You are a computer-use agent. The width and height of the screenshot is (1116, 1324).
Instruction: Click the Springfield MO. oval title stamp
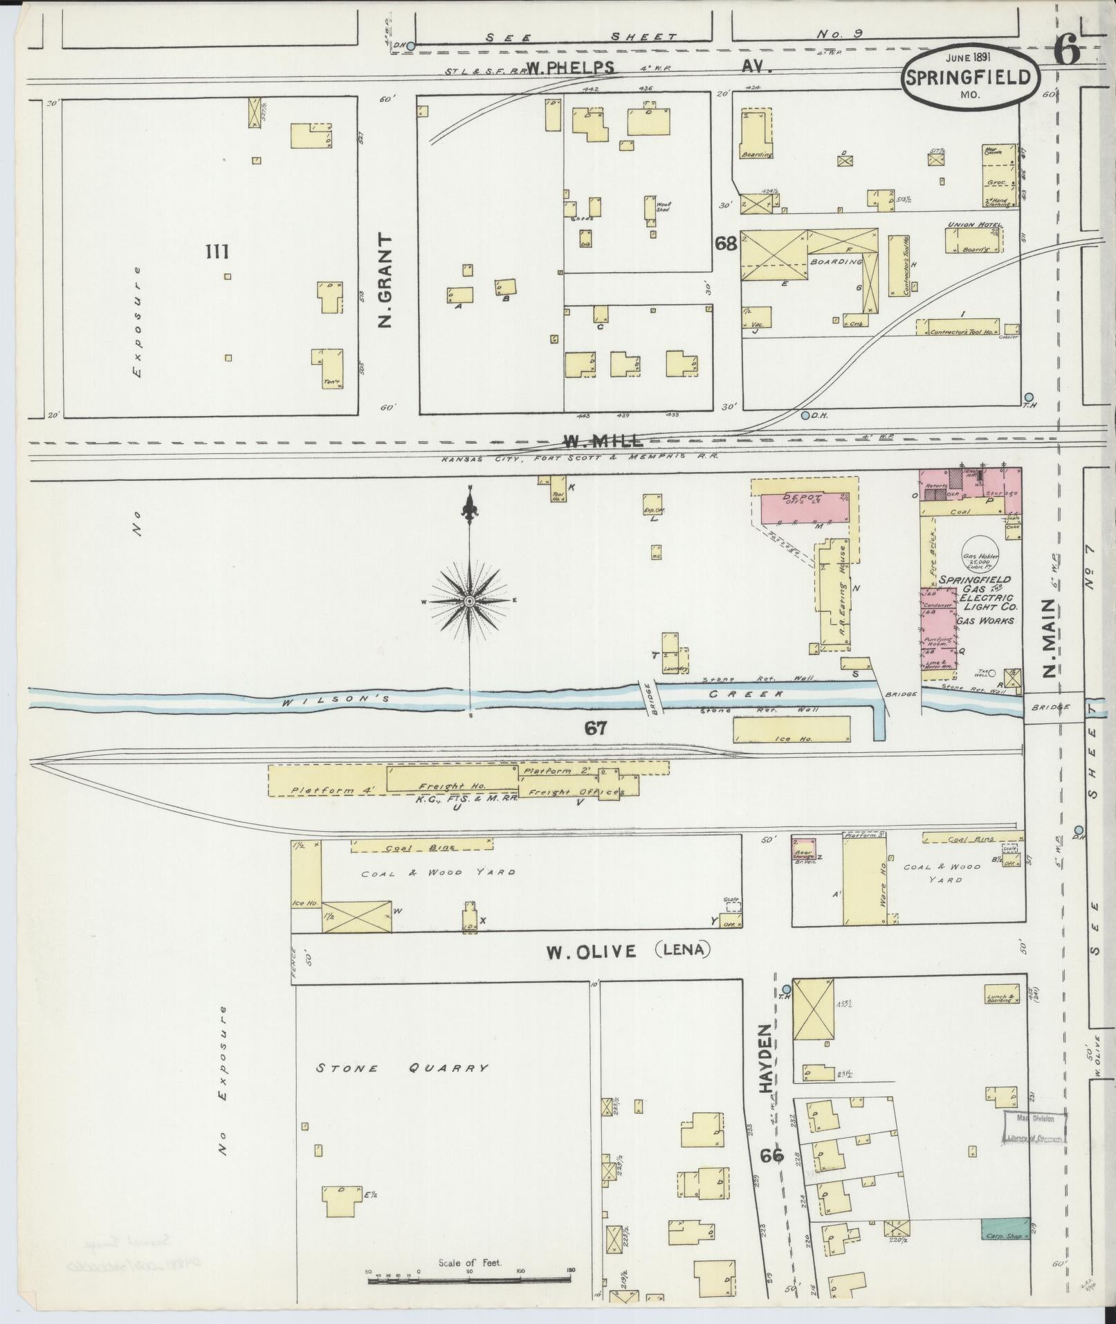pos(971,78)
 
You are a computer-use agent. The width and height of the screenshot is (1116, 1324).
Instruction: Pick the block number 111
pos(217,252)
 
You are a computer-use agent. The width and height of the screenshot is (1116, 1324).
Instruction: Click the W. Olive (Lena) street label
pos(628,951)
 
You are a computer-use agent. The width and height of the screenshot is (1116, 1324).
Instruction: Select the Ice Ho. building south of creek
pos(791,729)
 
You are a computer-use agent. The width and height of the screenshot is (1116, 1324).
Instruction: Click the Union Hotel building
pos(974,240)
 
